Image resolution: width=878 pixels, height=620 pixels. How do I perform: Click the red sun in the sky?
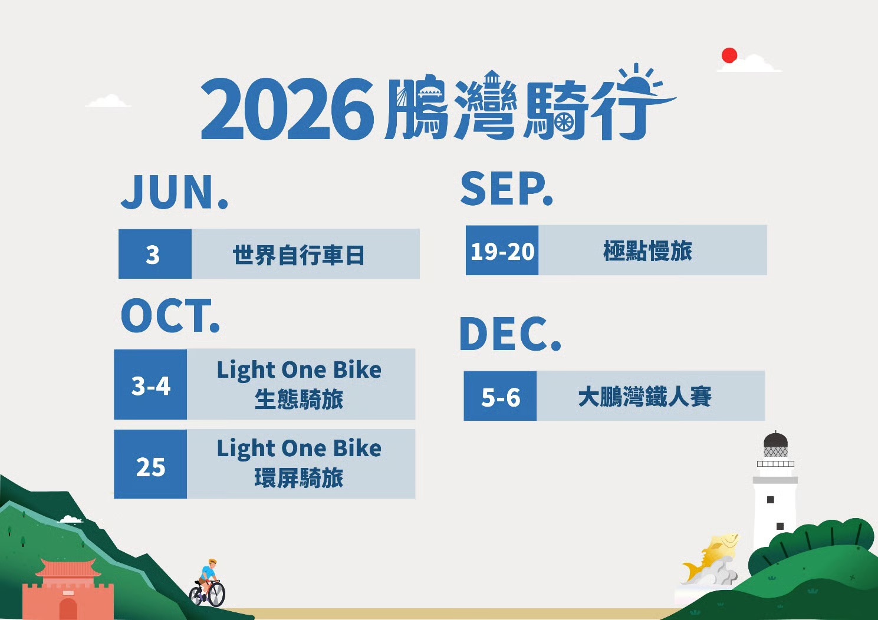point(729,55)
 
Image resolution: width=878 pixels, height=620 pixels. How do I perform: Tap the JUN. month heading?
point(175,192)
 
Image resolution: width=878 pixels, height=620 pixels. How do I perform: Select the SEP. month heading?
point(507,189)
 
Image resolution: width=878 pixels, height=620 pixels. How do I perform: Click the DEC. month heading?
point(510,334)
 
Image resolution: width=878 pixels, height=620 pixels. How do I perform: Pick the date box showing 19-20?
point(502,250)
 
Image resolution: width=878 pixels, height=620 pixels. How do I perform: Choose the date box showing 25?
point(150,464)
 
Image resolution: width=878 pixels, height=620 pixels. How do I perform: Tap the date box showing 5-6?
point(500,396)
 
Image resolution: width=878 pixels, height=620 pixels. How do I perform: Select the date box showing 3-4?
point(150,385)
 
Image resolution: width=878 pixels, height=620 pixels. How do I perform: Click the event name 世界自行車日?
point(299,255)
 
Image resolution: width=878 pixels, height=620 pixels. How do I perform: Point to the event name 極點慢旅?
point(647,250)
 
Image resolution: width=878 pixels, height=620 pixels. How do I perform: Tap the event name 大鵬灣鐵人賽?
point(644,397)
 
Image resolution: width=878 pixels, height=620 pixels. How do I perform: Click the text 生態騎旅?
point(299,399)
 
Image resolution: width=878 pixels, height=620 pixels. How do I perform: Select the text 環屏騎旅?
point(299,477)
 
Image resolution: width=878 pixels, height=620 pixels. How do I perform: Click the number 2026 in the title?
point(287,109)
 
